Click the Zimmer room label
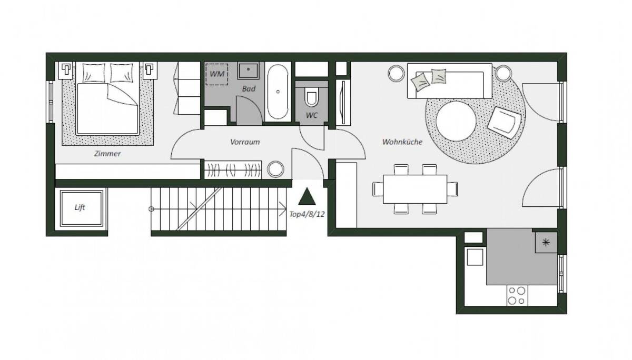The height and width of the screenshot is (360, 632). tap(107, 154)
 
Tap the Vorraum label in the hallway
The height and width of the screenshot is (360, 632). tap(245, 142)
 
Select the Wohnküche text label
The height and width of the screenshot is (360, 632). tap(402, 142)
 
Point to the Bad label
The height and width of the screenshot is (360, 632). tap(249, 89)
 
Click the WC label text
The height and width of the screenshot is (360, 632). tap(312, 115)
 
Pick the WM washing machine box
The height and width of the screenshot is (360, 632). tap(216, 74)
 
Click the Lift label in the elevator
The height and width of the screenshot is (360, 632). tap(80, 207)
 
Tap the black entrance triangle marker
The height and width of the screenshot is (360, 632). tap(307, 196)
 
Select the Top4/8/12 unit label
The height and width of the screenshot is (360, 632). tap(307, 214)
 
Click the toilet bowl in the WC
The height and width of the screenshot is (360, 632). tap(311, 97)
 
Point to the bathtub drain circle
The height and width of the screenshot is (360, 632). tap(278, 92)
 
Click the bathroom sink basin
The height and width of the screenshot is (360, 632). tap(248, 71)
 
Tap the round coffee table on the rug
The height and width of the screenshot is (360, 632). tap(456, 121)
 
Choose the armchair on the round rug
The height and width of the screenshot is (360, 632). tap(504, 122)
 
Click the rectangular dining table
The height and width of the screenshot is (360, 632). tap(415, 189)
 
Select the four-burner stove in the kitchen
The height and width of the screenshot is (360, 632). tap(517, 296)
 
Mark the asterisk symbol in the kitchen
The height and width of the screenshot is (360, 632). tap(546, 243)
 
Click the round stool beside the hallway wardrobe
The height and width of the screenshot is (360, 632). tap(275, 169)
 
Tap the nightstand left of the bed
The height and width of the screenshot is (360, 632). tap(66, 71)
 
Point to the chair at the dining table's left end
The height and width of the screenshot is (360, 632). tap(378, 189)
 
